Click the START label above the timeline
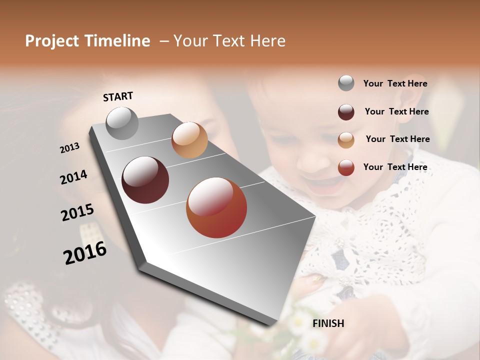[x=118, y=96]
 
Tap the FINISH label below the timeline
[x=328, y=323]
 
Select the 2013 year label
[x=69, y=148]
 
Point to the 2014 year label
[x=73, y=177]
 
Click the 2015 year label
[x=77, y=212]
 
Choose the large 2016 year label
[x=85, y=252]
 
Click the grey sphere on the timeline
[x=122, y=123]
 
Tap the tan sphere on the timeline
[x=189, y=140]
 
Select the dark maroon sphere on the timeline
[x=145, y=180]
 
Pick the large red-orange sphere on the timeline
[x=216, y=207]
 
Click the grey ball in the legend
[x=346, y=83]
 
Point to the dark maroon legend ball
[x=346, y=112]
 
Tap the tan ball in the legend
[x=346, y=140]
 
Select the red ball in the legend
[x=346, y=167]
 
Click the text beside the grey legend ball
[x=395, y=83]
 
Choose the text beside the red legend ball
[x=395, y=167]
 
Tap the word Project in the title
[x=51, y=41]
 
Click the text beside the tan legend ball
[x=397, y=139]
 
